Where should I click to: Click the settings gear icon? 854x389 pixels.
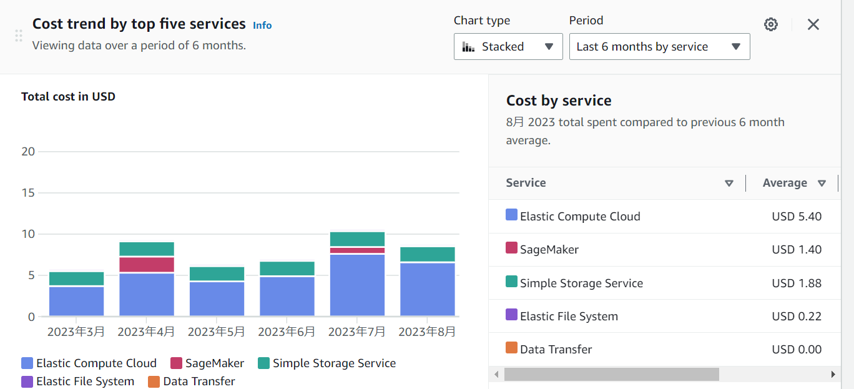pos(771,24)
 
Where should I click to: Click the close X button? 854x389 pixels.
pos(813,24)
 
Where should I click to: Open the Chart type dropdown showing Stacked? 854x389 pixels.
pos(508,47)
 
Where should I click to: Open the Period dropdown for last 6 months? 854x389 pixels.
pos(659,47)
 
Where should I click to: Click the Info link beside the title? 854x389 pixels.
pos(262,25)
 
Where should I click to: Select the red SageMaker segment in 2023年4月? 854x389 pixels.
pos(147,265)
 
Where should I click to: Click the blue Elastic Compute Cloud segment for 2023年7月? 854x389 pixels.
pos(357,285)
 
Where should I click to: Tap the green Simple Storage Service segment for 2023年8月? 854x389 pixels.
pos(428,254)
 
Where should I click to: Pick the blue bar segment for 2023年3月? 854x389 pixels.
pos(76,301)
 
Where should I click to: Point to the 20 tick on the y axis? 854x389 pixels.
pos(28,152)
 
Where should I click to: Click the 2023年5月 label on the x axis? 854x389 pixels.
pos(217,332)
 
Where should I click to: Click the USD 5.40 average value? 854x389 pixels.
pos(797,217)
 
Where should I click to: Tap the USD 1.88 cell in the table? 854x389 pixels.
pos(797,283)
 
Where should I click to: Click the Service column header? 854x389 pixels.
pos(526,183)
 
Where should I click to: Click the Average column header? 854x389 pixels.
pos(785,183)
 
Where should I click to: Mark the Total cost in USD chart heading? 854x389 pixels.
pos(68,97)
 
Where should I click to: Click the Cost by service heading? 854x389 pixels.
pos(559,101)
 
